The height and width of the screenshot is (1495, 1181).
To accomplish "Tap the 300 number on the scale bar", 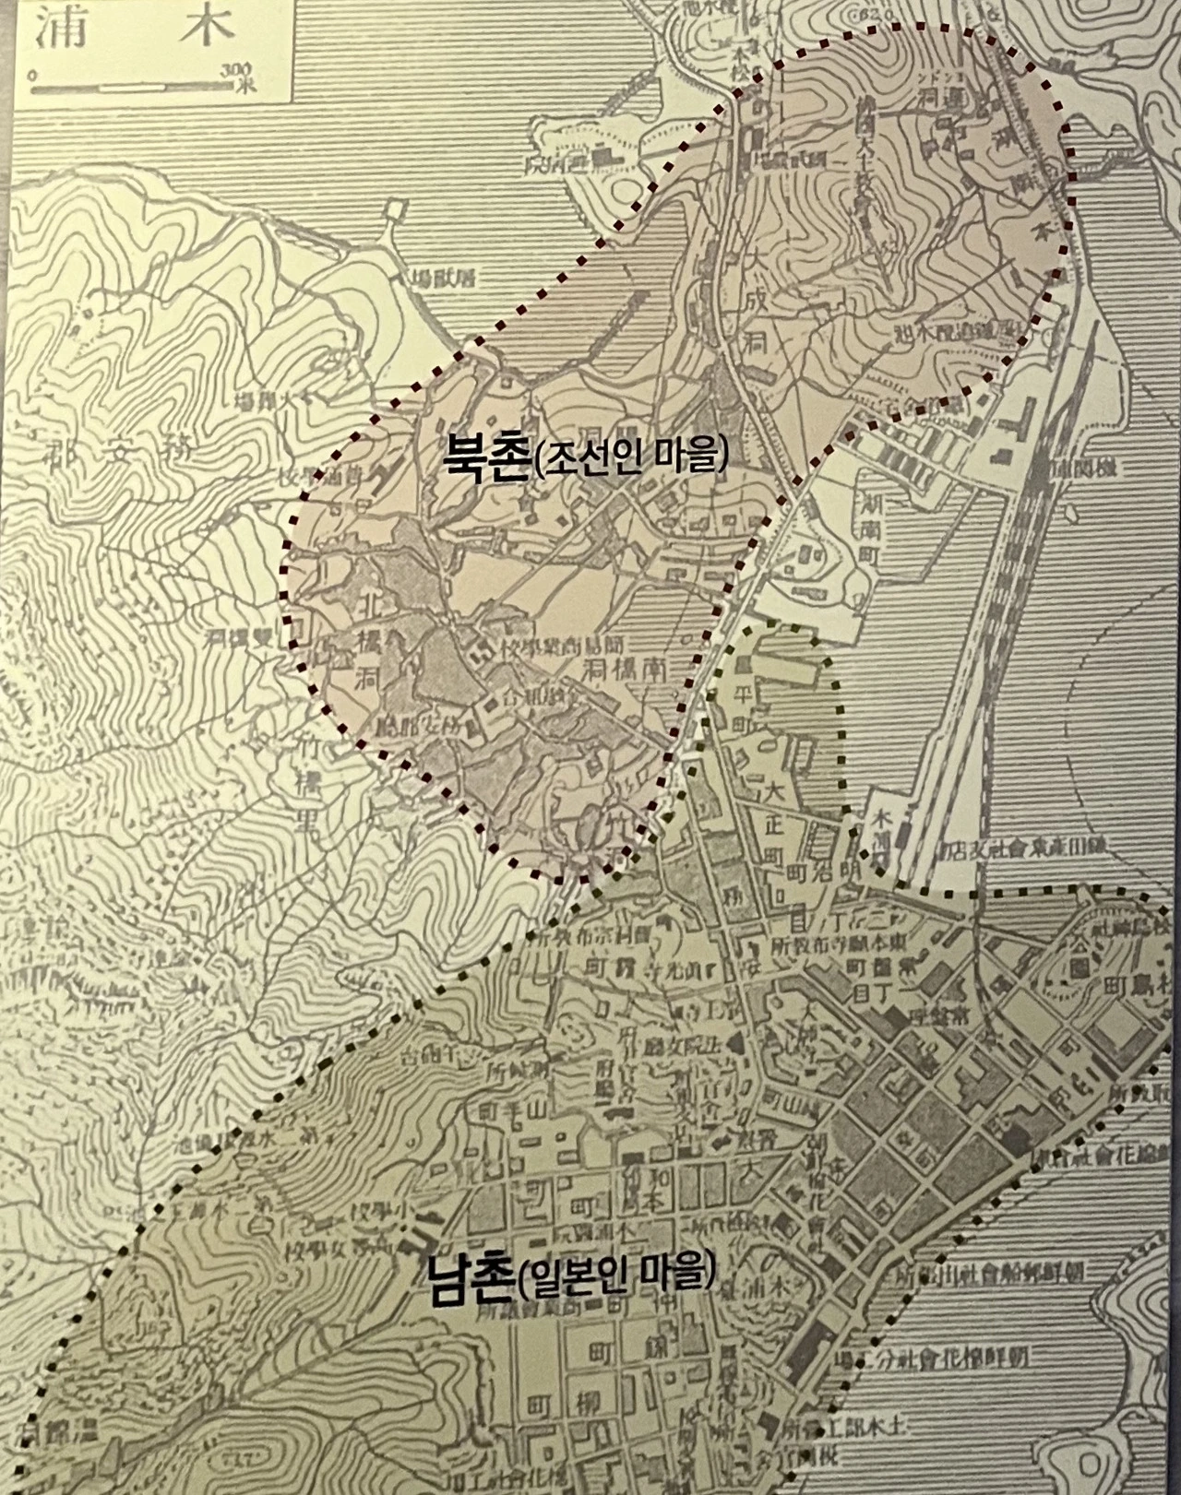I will coord(238,69).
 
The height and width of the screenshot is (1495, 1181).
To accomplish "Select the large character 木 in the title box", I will coord(202,30).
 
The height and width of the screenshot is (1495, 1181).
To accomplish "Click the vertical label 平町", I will coord(740,706).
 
